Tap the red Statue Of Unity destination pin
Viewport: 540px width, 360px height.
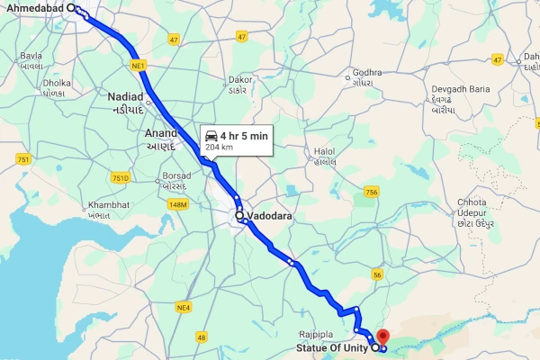[x=382, y=337]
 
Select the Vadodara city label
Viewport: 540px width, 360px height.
[x=271, y=217]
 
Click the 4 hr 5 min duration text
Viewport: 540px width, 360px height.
[x=244, y=136]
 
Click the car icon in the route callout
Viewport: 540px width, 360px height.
[x=211, y=136]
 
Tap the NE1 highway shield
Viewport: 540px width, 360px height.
[x=137, y=66]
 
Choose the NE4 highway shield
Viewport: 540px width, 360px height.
[x=184, y=308]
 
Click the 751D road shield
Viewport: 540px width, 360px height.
[x=121, y=179]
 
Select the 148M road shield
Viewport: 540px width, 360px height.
[x=177, y=205]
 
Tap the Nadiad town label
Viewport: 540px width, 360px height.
[x=125, y=96]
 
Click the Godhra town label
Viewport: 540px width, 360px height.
[x=368, y=72]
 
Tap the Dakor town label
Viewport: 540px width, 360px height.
[x=242, y=79]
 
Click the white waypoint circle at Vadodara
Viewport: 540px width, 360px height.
[x=239, y=216]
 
